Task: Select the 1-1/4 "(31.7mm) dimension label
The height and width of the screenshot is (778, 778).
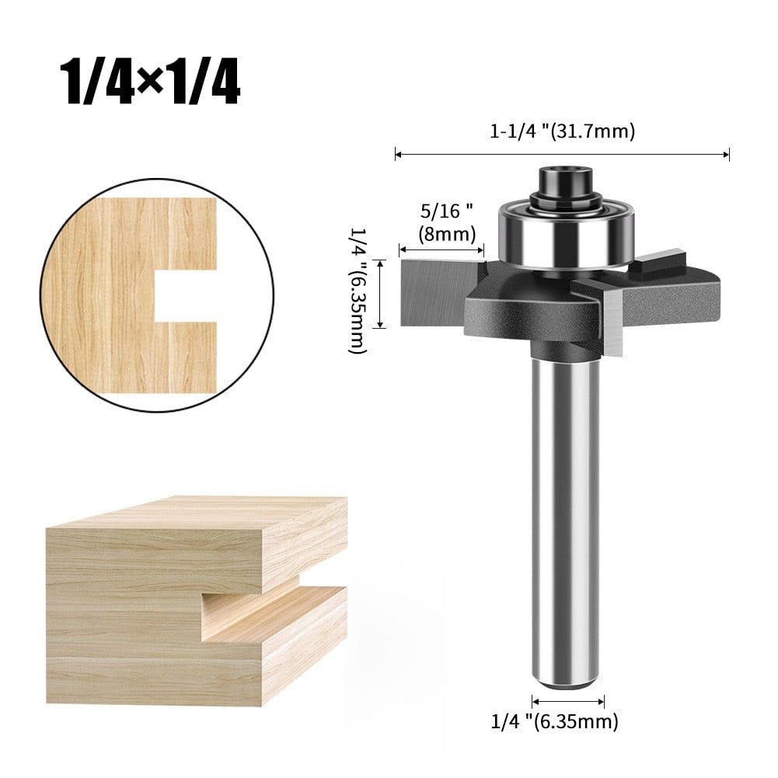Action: [x=562, y=132]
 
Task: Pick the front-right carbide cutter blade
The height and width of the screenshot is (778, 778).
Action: [x=611, y=311]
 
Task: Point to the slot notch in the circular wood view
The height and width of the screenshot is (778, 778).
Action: [x=184, y=295]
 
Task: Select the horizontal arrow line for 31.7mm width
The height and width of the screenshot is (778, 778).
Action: [x=562, y=155]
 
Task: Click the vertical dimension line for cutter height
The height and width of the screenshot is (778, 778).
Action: [x=380, y=294]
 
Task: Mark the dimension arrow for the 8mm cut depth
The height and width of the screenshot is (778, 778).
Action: [x=441, y=249]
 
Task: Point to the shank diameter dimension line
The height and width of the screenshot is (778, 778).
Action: [x=568, y=700]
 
